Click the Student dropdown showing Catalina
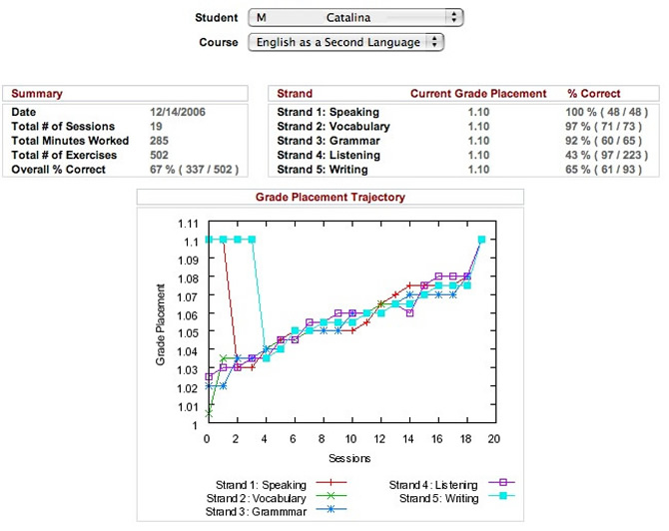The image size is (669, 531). point(356,18)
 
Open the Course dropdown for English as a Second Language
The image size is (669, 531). point(346,43)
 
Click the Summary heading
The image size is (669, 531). point(37,93)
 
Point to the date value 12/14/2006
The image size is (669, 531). point(178,112)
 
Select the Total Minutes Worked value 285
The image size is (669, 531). point(160,141)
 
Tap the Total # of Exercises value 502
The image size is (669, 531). point(160,156)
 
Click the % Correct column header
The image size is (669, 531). point(594,93)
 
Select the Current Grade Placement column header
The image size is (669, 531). point(478,93)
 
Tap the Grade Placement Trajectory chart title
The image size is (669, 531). point(332,198)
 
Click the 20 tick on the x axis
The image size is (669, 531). point(492,438)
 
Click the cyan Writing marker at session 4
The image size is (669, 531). point(266,358)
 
